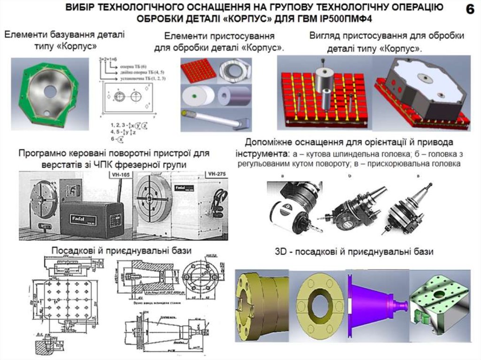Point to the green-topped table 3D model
(439, 305)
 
